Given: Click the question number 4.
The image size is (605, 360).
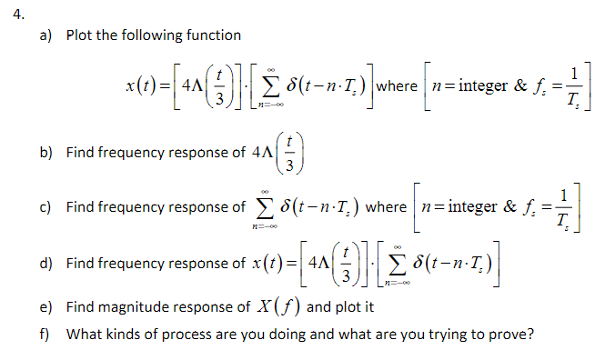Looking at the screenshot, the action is (x=10, y=13).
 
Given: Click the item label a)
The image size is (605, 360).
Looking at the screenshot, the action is (x=45, y=35).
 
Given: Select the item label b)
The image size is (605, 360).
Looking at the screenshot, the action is (x=45, y=153).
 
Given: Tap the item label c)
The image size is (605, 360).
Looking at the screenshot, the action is (x=45, y=206).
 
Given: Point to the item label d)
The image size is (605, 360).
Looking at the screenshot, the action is (x=45, y=264).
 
